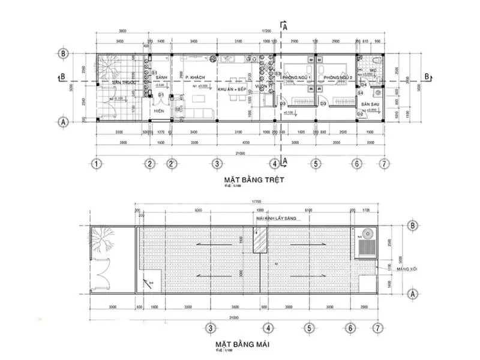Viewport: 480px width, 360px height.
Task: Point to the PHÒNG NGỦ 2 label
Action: coord(336,79)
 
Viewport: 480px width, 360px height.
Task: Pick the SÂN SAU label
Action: coord(370,104)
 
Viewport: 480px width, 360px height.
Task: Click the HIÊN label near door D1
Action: coord(160,111)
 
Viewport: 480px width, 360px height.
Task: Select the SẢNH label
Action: coord(161,78)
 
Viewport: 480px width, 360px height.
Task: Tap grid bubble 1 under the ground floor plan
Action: coord(95,163)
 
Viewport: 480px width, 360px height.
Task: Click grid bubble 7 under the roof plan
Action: coord(377,328)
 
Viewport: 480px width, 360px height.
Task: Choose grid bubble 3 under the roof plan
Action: coord(211,328)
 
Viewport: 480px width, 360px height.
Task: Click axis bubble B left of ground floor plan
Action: coord(62,52)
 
